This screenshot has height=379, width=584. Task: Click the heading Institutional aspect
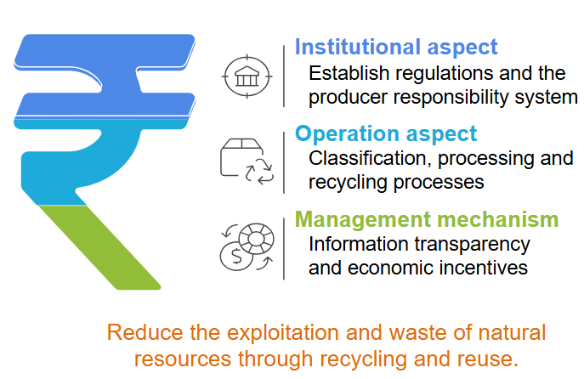[395, 47]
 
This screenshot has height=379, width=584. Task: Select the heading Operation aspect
[385, 134]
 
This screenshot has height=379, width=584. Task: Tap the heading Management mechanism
[426, 220]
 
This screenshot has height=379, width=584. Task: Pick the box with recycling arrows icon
[247, 160]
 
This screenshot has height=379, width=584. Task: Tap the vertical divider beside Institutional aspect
[283, 75]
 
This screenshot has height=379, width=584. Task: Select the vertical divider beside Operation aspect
[283, 159]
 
